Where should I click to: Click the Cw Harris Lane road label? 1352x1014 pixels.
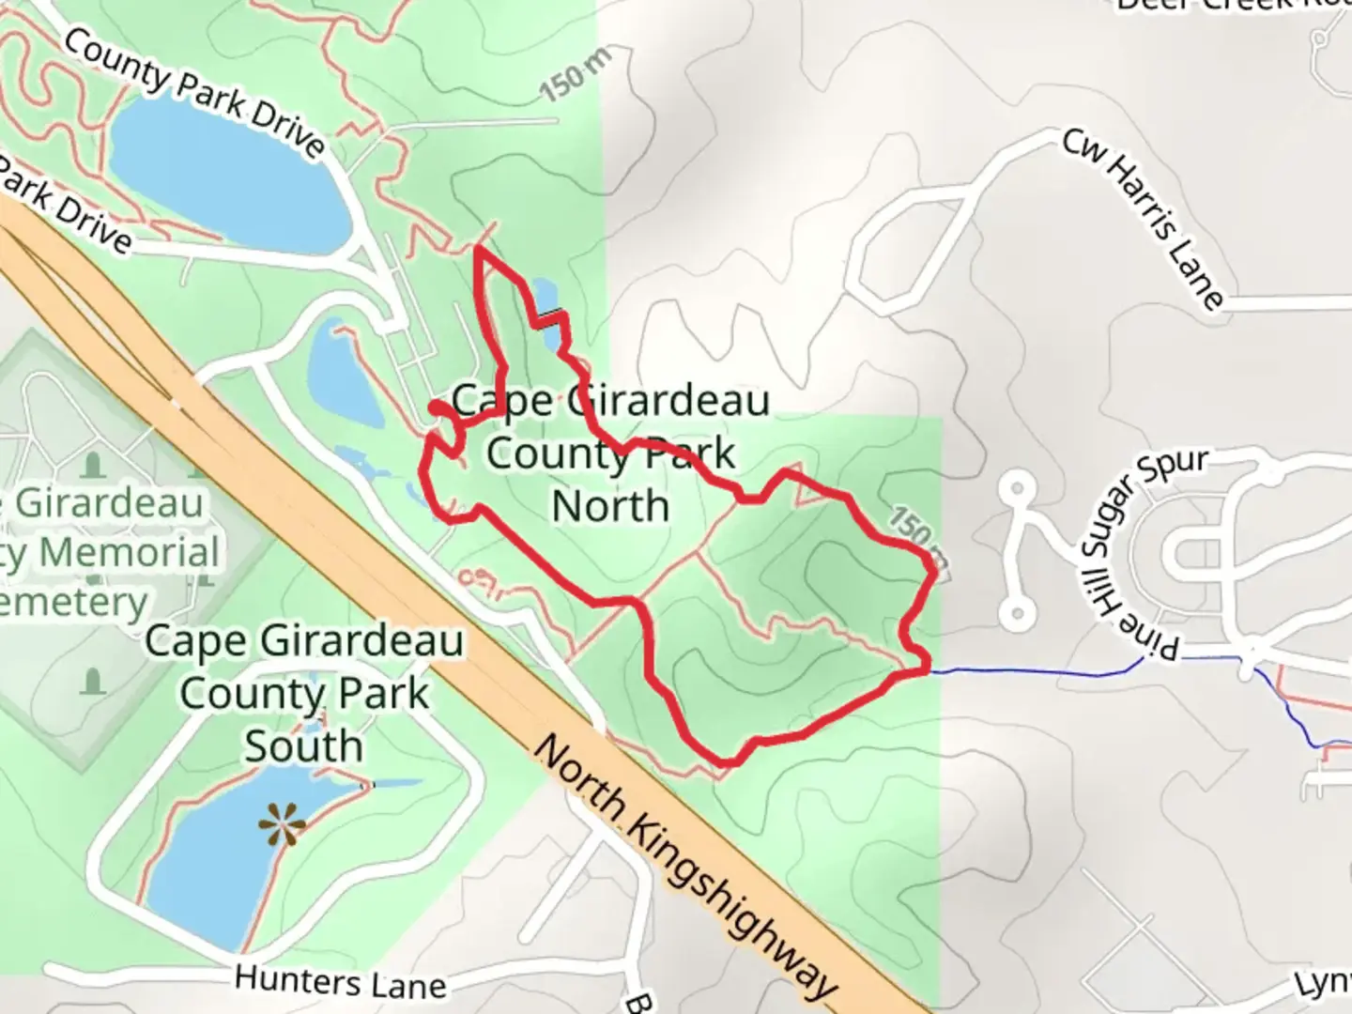[x=1143, y=219]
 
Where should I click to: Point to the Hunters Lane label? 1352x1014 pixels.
[x=340, y=982]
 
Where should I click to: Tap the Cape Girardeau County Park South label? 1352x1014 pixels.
[x=304, y=694]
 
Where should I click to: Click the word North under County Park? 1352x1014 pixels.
[x=610, y=507]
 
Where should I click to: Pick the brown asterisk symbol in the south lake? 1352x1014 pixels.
[x=282, y=825]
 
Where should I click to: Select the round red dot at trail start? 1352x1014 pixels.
[x=438, y=407]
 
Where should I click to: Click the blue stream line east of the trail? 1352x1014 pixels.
[x=1033, y=672]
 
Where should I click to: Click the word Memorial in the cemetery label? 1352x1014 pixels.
[x=129, y=552]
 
